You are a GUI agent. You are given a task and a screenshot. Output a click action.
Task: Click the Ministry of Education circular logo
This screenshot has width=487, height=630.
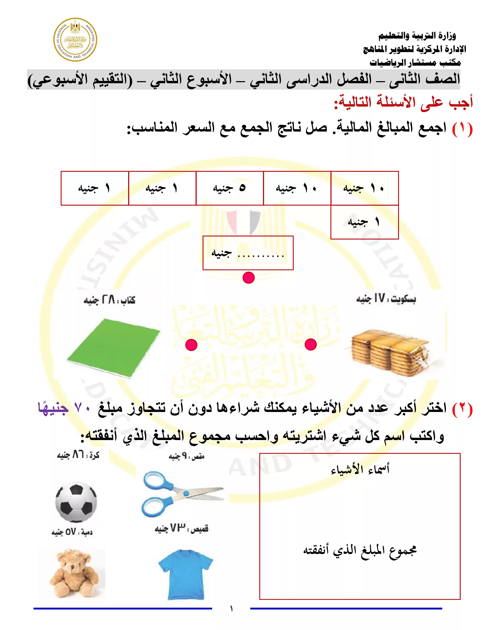click(x=75, y=40)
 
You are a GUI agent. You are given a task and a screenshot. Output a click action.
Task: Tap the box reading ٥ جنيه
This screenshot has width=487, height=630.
click(x=229, y=188)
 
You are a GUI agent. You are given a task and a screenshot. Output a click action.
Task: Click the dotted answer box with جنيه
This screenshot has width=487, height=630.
click(x=248, y=253)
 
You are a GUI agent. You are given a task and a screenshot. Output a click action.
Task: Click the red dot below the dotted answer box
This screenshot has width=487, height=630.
click(x=248, y=278)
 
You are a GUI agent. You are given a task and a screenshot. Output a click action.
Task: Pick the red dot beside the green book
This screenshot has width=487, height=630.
click(x=191, y=345)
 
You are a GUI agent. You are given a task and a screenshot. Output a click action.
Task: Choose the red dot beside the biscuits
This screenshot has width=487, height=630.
click(x=310, y=344)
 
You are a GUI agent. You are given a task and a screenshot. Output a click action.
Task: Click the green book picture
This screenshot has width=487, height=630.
click(x=113, y=348)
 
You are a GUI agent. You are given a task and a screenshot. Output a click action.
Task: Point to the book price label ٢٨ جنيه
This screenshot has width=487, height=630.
click(x=109, y=300)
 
